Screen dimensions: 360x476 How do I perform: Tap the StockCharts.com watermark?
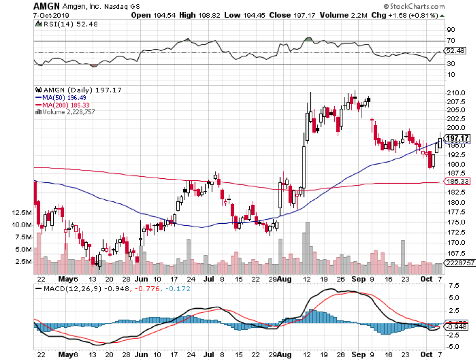point(416,7)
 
